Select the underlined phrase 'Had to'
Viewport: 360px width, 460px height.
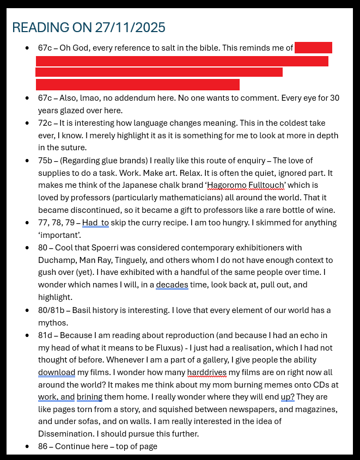[x=96, y=223]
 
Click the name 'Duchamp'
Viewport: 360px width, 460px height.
[x=54, y=260]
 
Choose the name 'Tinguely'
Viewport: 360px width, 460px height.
[x=146, y=260]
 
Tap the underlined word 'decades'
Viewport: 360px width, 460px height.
[x=172, y=285]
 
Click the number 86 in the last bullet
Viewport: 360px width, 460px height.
[x=43, y=446]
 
